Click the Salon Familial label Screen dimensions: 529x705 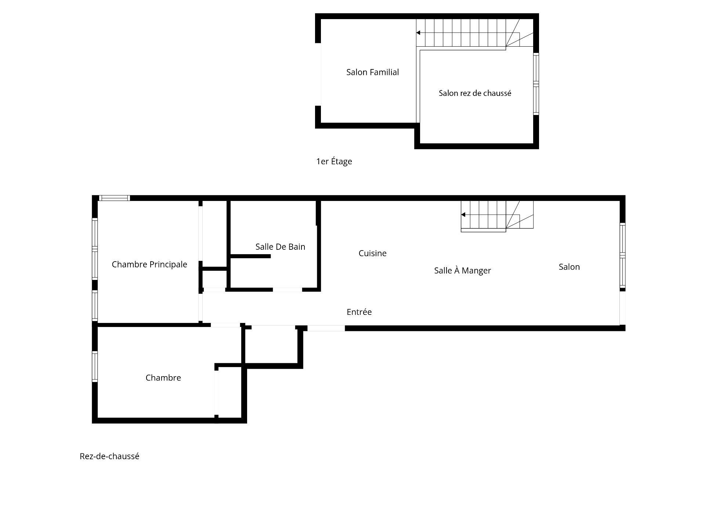point(372,72)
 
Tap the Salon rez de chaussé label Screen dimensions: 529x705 point(475,93)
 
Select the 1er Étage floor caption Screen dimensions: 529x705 point(334,161)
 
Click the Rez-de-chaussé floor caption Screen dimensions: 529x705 point(109,456)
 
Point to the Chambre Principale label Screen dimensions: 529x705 point(149,264)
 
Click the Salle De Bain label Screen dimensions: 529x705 point(280,247)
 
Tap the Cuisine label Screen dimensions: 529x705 point(372,253)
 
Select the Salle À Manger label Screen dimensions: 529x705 point(462,271)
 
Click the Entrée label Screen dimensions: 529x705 point(359,312)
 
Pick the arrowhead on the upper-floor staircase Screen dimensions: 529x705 point(418,33)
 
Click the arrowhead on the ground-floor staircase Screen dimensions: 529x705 point(463,215)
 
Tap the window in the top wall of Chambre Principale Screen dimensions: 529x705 point(114,198)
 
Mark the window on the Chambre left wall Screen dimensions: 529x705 point(95,366)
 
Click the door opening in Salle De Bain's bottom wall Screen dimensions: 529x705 point(287,290)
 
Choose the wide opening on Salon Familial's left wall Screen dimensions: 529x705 point(318,74)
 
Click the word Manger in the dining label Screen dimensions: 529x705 point(476,271)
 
